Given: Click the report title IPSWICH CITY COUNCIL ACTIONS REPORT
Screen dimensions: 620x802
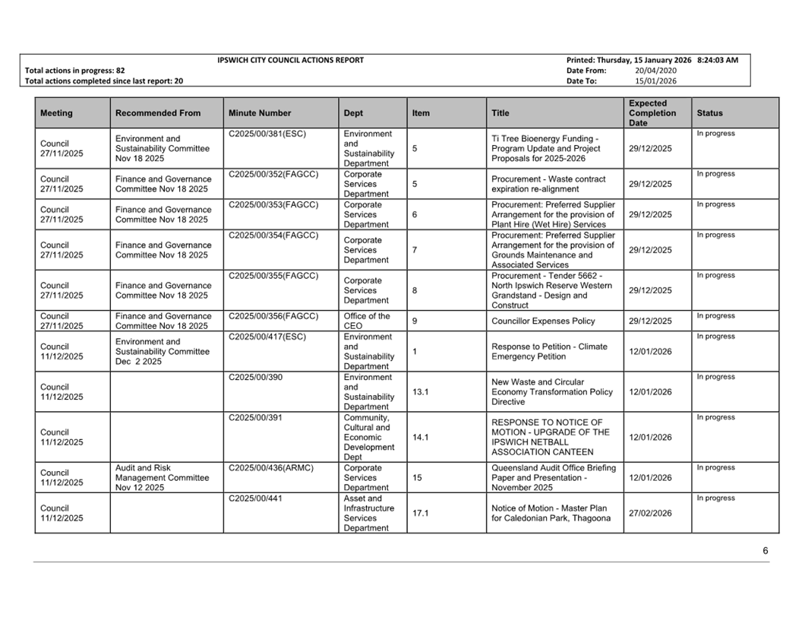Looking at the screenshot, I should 290,60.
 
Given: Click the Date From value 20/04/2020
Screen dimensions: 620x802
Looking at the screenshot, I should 655,71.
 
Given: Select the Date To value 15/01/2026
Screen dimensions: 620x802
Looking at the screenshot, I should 655,81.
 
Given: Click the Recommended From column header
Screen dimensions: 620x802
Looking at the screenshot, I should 158,113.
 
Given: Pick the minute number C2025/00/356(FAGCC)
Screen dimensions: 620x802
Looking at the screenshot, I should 273,316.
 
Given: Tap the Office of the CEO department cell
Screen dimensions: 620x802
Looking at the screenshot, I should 367,321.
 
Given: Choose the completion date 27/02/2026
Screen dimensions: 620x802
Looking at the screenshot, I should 650,514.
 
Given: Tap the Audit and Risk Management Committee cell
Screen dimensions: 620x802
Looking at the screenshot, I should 162,478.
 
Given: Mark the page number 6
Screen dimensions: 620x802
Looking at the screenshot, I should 766,551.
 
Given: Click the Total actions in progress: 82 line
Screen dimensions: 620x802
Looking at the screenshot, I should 75,71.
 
